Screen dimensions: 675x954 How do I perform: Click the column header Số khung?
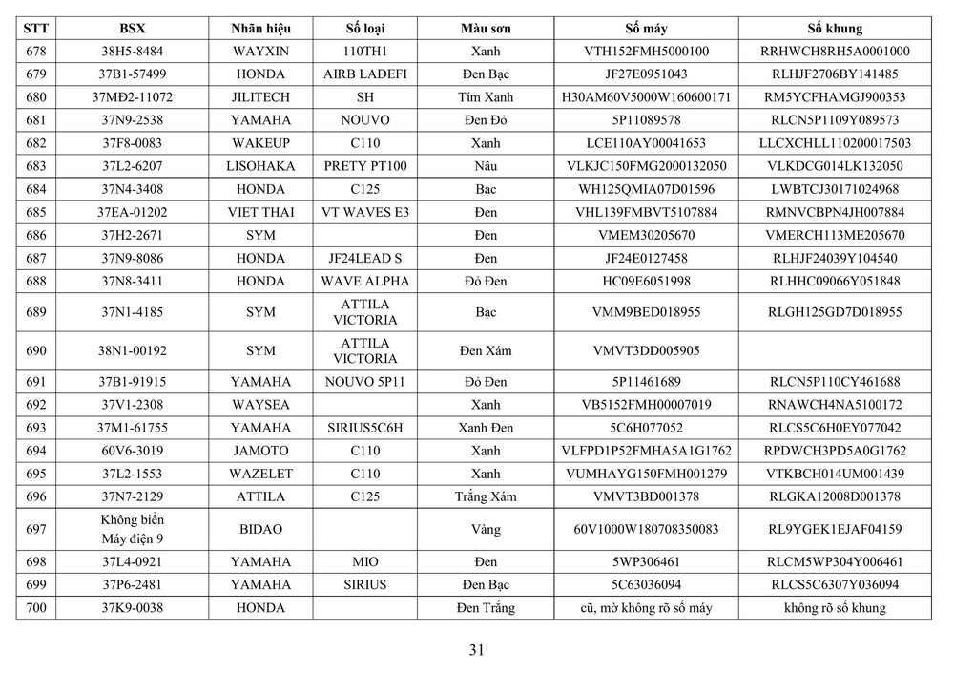coord(835,29)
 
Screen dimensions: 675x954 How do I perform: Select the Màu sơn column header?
coord(485,29)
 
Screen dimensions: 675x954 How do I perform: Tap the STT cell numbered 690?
coord(36,350)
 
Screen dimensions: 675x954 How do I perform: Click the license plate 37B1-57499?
coord(133,74)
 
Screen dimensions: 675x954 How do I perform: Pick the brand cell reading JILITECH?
coord(260,97)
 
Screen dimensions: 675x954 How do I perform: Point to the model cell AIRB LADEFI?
coord(364,74)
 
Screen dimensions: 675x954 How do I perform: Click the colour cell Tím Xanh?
coord(485,97)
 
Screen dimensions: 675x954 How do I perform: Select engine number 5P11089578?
coord(646,120)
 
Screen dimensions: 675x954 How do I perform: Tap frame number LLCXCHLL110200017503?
coord(835,143)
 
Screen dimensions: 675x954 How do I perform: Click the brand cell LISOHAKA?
coord(260,166)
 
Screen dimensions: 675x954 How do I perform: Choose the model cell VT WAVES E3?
coord(364,212)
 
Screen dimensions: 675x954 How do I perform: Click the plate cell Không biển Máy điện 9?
coord(133,528)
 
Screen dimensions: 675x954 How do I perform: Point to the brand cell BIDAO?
coord(260,528)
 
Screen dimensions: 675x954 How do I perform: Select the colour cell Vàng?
coord(485,528)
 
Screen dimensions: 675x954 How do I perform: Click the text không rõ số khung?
coord(835,608)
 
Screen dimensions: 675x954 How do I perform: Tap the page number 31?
coord(477,651)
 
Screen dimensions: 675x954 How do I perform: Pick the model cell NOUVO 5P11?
coord(364,382)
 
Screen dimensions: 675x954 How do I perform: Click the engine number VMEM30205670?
coord(646,235)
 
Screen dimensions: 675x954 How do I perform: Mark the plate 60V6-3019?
coord(133,451)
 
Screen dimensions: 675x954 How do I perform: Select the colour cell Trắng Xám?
coord(485,496)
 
